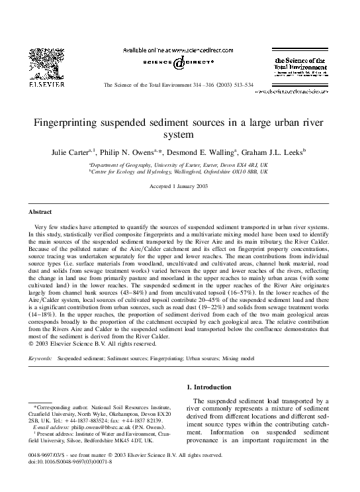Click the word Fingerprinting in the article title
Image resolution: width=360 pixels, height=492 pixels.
point(73,123)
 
